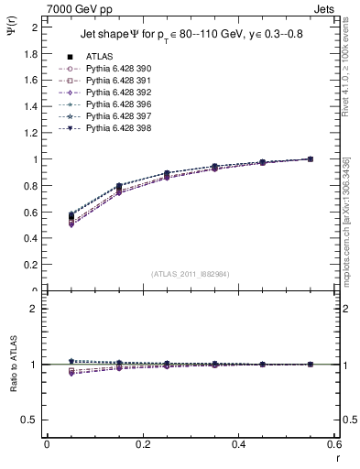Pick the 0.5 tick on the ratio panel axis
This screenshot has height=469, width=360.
coord(29,420)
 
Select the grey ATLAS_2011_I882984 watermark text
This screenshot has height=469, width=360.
coord(191,274)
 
